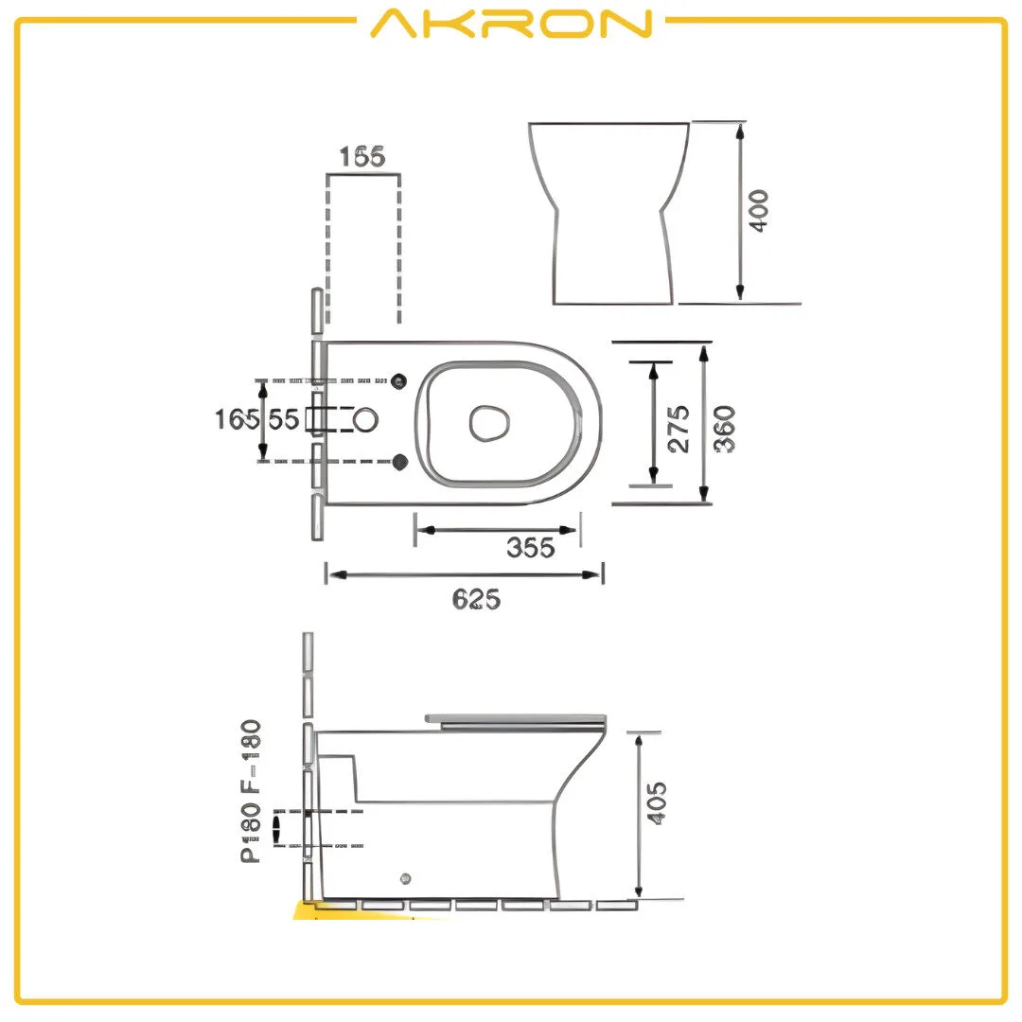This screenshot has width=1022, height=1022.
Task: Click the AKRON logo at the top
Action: [x=511, y=24]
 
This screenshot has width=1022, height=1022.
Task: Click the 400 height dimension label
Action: [x=759, y=212]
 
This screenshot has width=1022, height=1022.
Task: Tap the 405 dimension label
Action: [x=658, y=802]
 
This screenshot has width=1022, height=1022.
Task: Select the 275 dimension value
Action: [x=678, y=429]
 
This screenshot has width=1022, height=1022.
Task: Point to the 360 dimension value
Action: [x=726, y=429]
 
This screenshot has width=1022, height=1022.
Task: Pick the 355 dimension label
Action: [x=530, y=548]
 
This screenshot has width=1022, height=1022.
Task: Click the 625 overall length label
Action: [x=476, y=598]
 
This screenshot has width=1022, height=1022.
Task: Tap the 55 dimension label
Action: [x=283, y=419]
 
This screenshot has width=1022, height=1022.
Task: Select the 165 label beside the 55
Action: [x=233, y=419]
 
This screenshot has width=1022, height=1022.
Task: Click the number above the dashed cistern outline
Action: [x=364, y=157]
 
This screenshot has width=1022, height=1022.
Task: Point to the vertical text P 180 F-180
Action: [x=251, y=791]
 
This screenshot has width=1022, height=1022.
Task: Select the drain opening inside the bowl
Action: [x=489, y=422]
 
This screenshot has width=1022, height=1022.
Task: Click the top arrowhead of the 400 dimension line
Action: [x=740, y=131]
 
